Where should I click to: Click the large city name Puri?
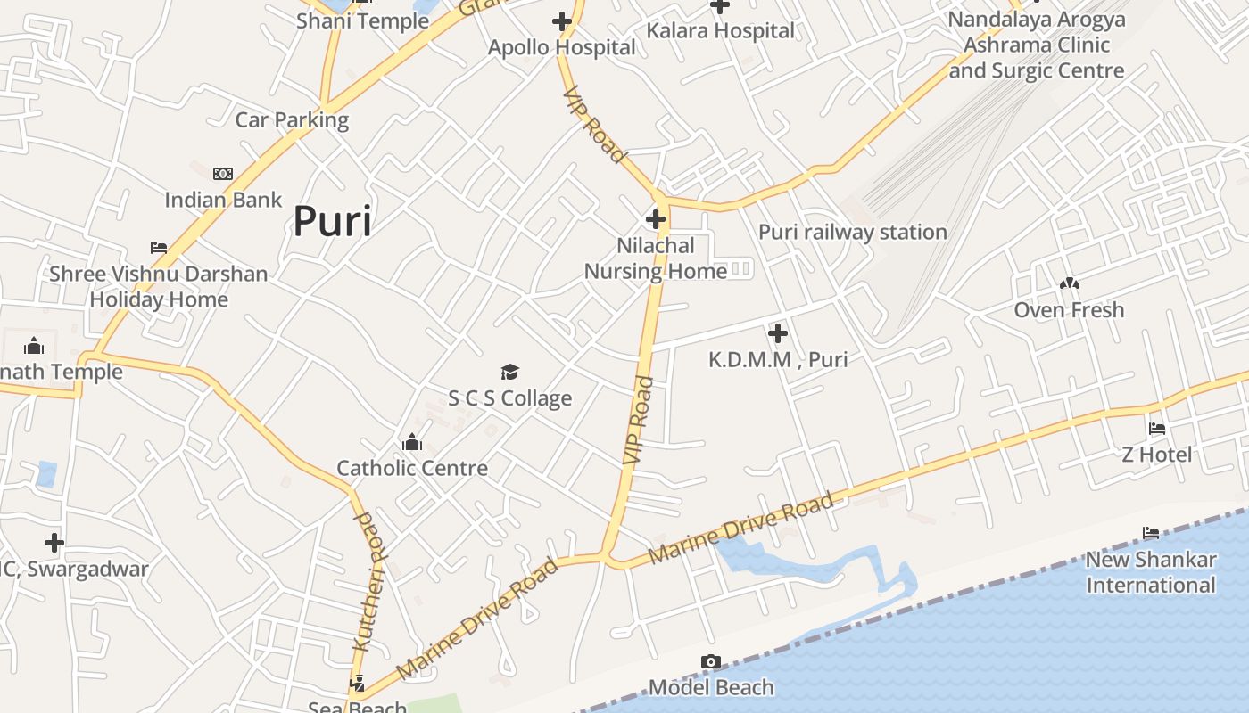[x=332, y=221]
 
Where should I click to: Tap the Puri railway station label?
[x=852, y=232]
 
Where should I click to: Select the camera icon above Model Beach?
[x=711, y=661]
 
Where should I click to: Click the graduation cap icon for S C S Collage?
[x=509, y=372]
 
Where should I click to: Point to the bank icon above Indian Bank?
[x=223, y=174]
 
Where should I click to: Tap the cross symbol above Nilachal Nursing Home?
[x=656, y=219]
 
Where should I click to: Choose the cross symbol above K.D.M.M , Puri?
[x=778, y=333]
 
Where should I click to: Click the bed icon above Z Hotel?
[x=1157, y=429]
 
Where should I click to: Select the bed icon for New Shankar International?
[x=1151, y=533]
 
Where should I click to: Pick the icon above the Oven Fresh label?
[x=1069, y=284]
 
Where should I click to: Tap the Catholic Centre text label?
[x=412, y=468]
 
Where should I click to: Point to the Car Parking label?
[x=292, y=119]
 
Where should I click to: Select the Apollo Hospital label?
[x=562, y=47]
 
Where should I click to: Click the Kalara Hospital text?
[x=720, y=30]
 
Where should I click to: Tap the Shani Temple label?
[x=362, y=20]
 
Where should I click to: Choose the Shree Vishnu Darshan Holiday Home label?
[x=159, y=286]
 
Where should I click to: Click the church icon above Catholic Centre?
[x=412, y=442]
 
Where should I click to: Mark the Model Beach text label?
[x=711, y=687]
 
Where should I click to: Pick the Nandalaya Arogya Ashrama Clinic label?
[x=1037, y=45]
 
